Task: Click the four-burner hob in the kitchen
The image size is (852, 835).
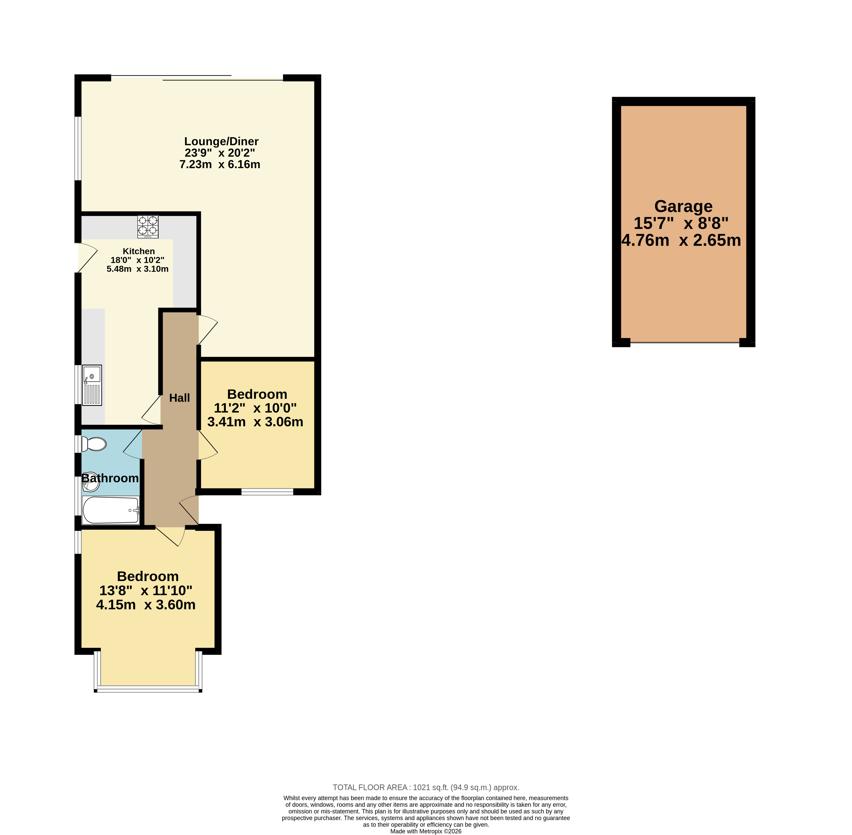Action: tap(148, 226)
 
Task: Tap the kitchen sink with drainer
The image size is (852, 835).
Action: tap(92, 385)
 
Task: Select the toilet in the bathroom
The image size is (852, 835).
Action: tap(94, 444)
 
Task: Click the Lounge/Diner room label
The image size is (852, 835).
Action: tap(221, 141)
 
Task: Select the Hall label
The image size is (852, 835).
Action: tap(179, 398)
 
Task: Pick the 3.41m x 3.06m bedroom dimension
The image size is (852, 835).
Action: tap(255, 422)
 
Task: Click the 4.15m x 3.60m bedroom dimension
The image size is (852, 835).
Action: tap(146, 605)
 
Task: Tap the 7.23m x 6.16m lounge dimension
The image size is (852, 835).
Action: tap(220, 165)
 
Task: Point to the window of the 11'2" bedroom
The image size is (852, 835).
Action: tap(267, 492)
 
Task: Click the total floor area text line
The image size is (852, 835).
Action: tap(426, 787)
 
